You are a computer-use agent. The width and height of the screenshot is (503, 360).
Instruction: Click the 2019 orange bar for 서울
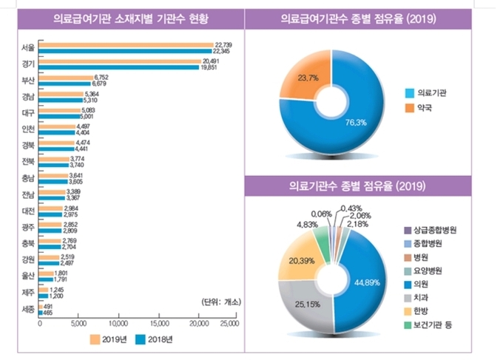coord(126,45)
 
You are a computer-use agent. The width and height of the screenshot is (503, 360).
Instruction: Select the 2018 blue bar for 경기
coord(118,67)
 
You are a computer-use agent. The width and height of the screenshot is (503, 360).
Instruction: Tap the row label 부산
coord(29,80)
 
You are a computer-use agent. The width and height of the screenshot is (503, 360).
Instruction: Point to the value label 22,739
coord(223,45)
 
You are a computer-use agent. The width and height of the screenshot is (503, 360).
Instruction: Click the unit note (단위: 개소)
coord(220,302)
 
